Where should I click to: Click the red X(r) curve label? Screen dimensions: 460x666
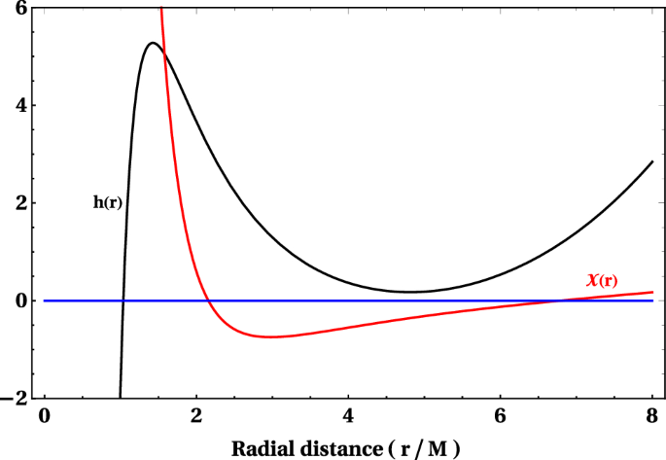pos(602,280)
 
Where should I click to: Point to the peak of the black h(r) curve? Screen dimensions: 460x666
pos(153,43)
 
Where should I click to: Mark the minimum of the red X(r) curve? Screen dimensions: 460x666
pos(271,336)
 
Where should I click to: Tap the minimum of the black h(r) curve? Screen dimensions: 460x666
pos(410,292)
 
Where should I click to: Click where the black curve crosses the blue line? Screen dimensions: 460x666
pos(123,301)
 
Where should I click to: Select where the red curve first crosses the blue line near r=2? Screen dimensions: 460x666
pos(211,301)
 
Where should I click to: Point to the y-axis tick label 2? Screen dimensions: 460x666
pos(20,203)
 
